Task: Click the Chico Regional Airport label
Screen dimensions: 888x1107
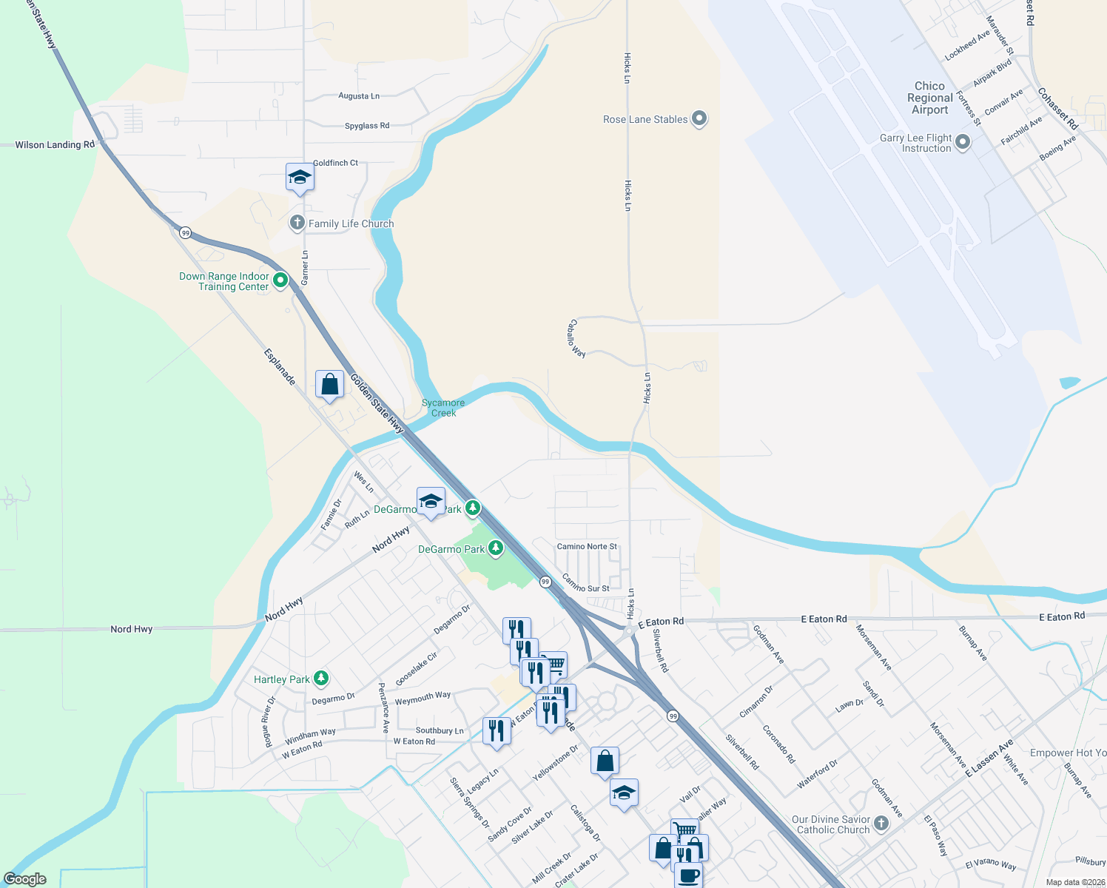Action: tap(929, 98)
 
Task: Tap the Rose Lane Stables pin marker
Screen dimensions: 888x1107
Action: tap(699, 118)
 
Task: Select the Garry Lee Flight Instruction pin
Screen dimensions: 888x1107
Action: tap(963, 142)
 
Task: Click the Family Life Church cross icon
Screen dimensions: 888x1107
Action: tap(297, 223)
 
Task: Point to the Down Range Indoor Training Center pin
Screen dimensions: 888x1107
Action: tap(280, 280)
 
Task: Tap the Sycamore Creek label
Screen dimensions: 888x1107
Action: tap(443, 408)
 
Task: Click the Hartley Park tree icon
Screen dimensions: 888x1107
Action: tap(320, 678)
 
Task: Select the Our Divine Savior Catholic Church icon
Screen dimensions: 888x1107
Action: tap(881, 823)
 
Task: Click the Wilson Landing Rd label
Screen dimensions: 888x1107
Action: tap(55, 145)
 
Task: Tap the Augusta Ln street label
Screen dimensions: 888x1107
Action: tap(359, 96)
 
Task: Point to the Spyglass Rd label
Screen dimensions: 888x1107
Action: tap(367, 126)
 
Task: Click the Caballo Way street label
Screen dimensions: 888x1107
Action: tap(576, 339)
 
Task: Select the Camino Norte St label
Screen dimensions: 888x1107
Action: tap(587, 547)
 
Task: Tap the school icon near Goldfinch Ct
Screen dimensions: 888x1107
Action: tap(300, 178)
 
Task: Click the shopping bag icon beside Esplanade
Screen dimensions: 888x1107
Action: tap(329, 384)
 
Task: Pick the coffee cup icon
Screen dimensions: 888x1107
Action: tap(688, 875)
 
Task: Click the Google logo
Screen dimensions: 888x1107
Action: tap(25, 879)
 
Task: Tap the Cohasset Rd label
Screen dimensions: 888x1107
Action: tap(1057, 109)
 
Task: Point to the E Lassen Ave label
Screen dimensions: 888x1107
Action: tap(989, 758)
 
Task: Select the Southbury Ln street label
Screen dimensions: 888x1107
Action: tap(440, 730)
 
